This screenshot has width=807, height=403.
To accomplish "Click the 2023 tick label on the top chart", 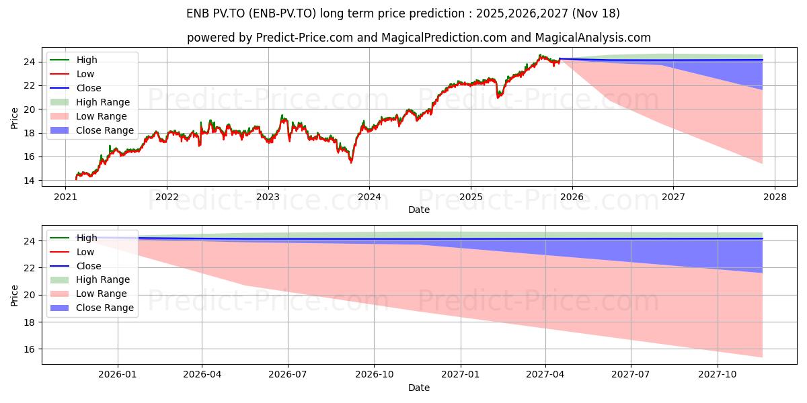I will pyautogui.click(x=268, y=197).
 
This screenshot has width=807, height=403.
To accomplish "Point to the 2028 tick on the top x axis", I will pyautogui.click(x=774, y=197).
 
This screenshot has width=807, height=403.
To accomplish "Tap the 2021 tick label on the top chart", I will pyautogui.click(x=65, y=197).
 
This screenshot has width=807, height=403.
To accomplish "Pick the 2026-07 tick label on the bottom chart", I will pyautogui.click(x=288, y=375).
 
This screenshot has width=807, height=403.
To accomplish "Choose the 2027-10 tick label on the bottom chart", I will pyautogui.click(x=718, y=375).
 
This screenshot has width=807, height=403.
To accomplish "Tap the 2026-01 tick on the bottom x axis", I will pyautogui.click(x=118, y=375).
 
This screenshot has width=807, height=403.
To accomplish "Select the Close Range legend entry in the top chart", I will pyautogui.click(x=105, y=130).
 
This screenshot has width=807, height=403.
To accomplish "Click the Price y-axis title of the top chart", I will pyautogui.click(x=15, y=118).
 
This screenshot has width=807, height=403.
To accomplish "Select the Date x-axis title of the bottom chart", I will pyautogui.click(x=418, y=388).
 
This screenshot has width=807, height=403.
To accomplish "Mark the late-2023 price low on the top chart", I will pyautogui.click(x=350, y=162).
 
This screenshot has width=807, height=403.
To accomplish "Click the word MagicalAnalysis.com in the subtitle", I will pyautogui.click(x=597, y=38).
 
